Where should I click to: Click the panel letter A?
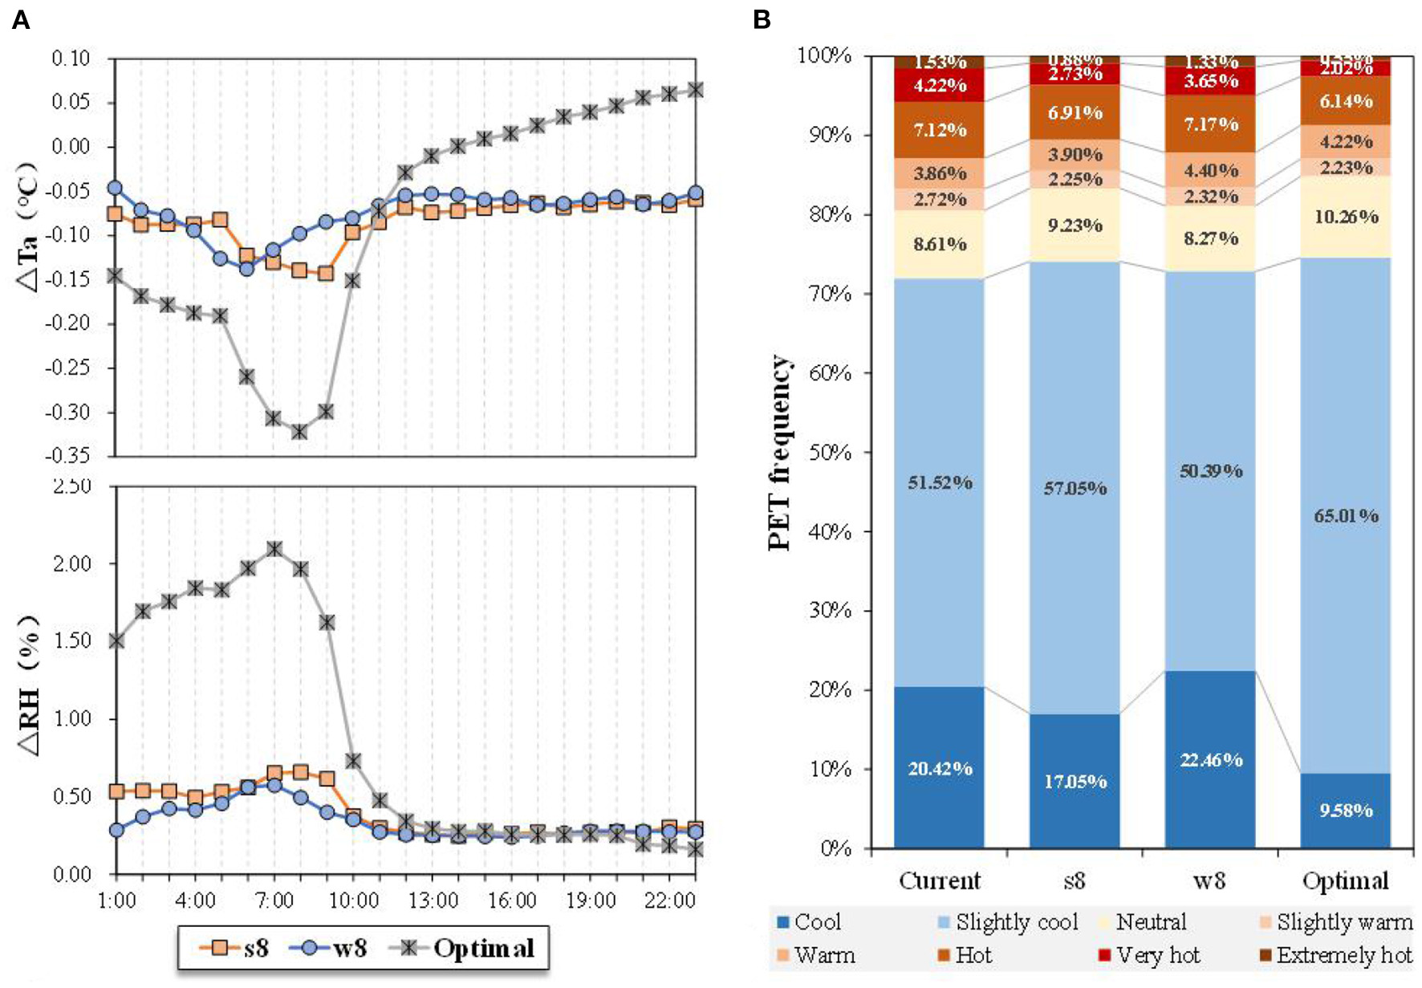click(x=21, y=20)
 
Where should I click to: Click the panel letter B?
click(x=762, y=20)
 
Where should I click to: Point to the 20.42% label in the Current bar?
click(x=940, y=768)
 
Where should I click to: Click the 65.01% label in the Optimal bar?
click(x=1346, y=515)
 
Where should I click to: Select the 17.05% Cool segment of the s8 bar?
click(x=1075, y=781)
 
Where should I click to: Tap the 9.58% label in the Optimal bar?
click(x=1346, y=810)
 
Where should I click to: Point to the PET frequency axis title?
click(x=779, y=453)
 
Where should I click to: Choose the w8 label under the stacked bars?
click(x=1209, y=880)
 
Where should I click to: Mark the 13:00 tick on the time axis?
click(x=433, y=901)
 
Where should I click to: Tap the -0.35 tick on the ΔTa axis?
click(x=71, y=457)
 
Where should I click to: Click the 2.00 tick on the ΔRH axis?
click(x=72, y=563)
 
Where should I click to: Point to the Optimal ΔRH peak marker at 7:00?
click(x=274, y=549)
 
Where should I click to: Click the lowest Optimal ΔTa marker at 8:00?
click(x=299, y=432)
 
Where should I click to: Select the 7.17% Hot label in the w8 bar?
click(x=1211, y=124)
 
